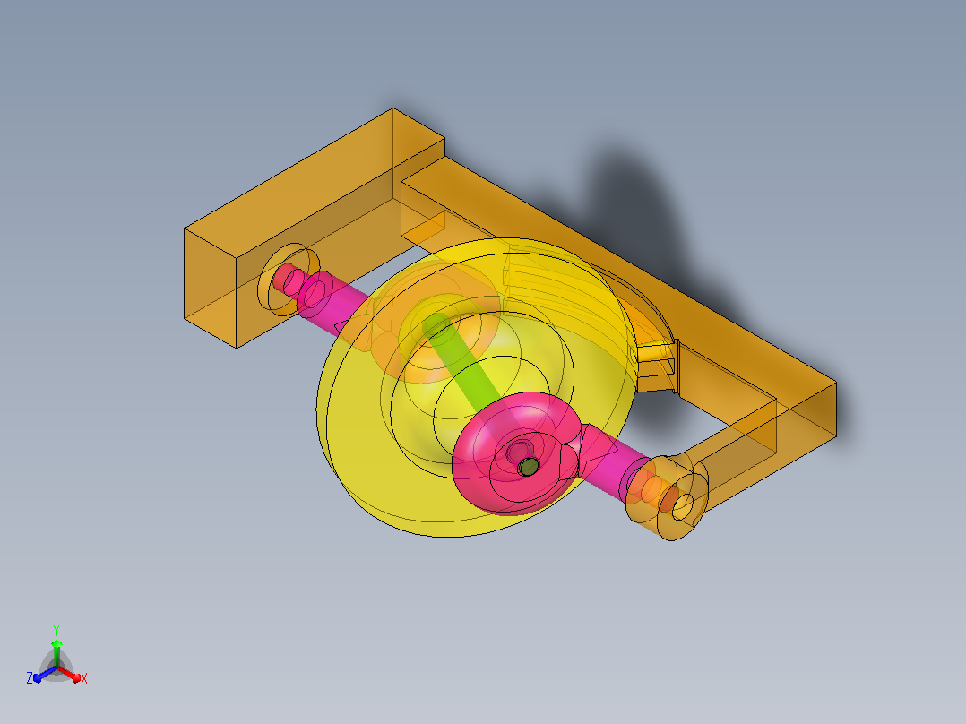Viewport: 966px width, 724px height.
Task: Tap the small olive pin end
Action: click(528, 467)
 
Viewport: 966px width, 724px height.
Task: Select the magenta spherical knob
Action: click(515, 452)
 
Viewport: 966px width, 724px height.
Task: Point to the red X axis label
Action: click(84, 678)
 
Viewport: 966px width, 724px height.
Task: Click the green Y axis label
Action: click(56, 630)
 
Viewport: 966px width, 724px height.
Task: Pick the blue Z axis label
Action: click(30, 678)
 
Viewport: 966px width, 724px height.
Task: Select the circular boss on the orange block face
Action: click(289, 280)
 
